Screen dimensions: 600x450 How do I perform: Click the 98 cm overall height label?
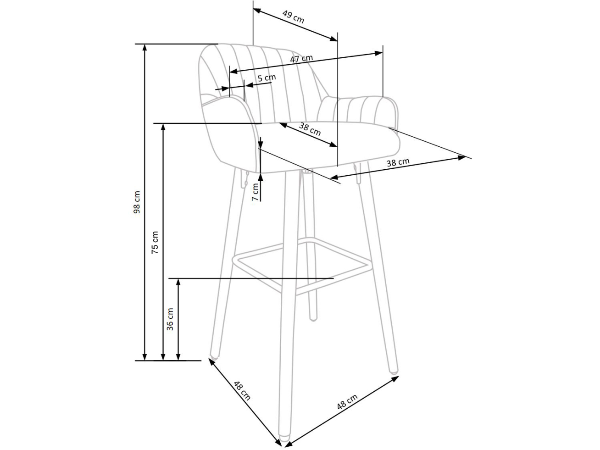pos(137,202)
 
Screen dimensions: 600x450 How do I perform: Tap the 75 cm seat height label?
pos(155,243)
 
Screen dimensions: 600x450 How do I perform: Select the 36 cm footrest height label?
pos(170,319)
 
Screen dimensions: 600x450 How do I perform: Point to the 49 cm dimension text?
pos(293,17)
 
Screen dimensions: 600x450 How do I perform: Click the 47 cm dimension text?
pos(301,59)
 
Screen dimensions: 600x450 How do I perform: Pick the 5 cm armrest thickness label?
pos(267,78)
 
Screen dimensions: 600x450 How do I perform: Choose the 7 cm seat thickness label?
pos(255,192)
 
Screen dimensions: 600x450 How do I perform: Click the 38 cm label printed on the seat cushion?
pos(310,129)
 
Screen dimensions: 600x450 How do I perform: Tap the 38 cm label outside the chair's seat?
pos(398,162)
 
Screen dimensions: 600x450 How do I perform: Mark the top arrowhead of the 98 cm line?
pos(145,48)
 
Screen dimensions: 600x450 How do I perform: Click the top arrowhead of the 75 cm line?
pos(163,128)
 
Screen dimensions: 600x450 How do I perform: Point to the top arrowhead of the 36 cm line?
pos(178,283)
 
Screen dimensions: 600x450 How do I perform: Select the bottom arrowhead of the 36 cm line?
pos(178,356)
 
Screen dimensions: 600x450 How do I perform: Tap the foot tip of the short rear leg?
pos(313,318)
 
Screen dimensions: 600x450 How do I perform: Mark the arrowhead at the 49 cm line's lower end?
pos(333,39)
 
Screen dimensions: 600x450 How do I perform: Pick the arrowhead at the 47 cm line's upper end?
pos(378,53)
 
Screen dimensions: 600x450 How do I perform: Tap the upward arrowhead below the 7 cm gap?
pos(261,177)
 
